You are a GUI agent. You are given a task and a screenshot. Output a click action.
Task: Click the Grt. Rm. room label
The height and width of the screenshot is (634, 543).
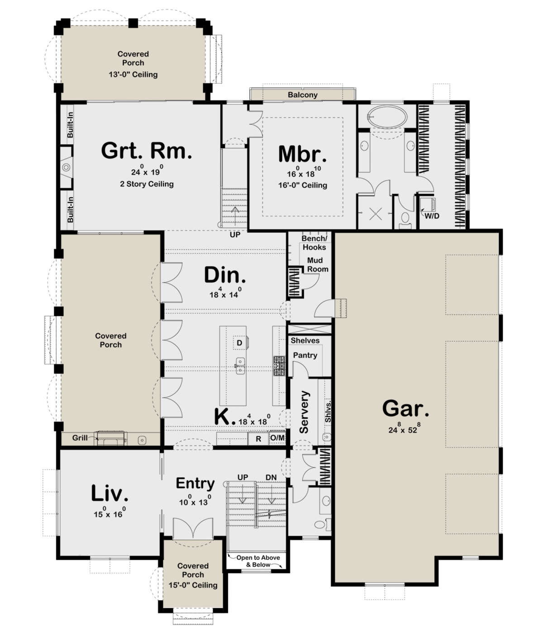pyautogui.click(x=146, y=151)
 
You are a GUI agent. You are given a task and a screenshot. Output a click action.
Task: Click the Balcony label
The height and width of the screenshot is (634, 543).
pyautogui.click(x=302, y=95)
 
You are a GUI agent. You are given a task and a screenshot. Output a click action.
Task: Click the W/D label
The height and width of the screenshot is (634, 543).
pyautogui.click(x=431, y=216)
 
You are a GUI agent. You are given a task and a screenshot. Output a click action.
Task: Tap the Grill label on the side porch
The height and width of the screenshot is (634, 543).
pyautogui.click(x=80, y=438)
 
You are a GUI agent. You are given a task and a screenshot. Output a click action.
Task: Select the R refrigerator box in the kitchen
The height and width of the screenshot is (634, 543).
pyautogui.click(x=258, y=439)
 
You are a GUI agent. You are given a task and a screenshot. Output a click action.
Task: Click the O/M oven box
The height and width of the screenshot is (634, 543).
pyautogui.click(x=277, y=438)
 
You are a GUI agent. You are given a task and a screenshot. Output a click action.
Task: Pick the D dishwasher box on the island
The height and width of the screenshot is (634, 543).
pyautogui.click(x=239, y=343)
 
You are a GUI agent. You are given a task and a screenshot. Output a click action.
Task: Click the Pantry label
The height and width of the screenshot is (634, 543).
pyautogui.click(x=305, y=355)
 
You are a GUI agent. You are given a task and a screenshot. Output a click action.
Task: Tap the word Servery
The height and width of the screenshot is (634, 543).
pyautogui.click(x=304, y=412)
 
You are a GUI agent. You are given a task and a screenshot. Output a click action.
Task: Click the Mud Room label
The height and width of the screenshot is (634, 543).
pyautogui.click(x=316, y=265)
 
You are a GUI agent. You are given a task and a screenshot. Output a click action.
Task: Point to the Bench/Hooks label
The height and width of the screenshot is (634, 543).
pyautogui.click(x=314, y=243)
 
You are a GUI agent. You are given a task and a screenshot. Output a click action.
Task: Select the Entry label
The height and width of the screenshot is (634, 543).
pyautogui.click(x=195, y=483)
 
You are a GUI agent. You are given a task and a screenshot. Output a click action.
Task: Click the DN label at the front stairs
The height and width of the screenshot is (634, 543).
pyautogui.click(x=271, y=478)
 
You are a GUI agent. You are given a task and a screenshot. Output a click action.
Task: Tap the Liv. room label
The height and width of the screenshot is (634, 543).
pyautogui.click(x=110, y=493)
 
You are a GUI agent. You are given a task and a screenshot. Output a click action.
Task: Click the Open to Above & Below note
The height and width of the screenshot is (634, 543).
pyautogui.click(x=258, y=561)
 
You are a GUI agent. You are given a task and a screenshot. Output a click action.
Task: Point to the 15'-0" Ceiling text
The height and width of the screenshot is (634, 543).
pyautogui.click(x=193, y=585)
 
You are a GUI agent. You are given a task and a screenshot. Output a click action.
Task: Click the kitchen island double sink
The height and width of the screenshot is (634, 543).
pyautogui.click(x=240, y=365)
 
